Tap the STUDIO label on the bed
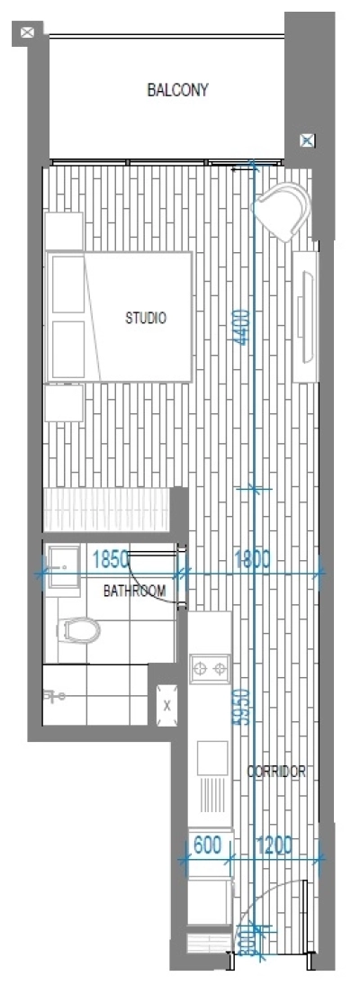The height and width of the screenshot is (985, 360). pos(145,318)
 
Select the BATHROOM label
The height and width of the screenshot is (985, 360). pos(134,592)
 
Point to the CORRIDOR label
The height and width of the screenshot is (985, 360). pos(276,772)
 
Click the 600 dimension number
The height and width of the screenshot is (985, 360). pos(208,845)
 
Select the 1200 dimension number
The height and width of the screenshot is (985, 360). pos(274,845)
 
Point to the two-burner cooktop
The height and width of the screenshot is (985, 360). pos(212,668)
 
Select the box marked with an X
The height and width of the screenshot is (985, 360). pos(166,705)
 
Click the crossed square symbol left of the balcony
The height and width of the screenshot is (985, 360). pos(28,33)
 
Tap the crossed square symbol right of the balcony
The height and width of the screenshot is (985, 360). pos(307,140)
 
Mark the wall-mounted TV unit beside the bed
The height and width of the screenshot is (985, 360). pos(308,314)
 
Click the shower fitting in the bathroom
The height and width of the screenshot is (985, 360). pos(55,696)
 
